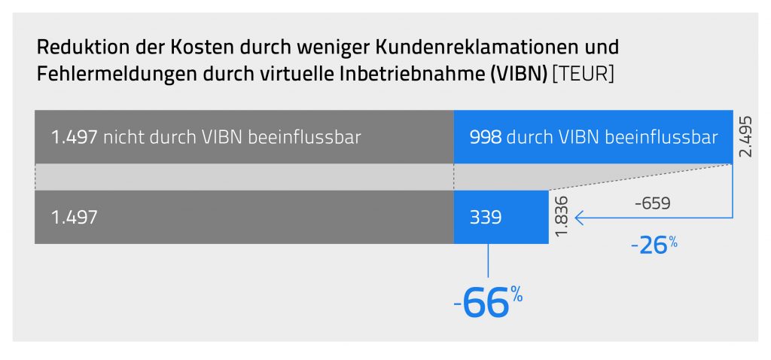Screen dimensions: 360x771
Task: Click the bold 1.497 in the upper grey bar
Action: click(74, 137)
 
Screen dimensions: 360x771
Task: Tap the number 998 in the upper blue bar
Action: click(484, 137)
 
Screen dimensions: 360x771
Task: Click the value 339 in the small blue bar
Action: click(484, 218)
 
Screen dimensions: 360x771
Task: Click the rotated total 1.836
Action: click(563, 218)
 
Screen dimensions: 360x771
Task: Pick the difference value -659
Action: click(652, 203)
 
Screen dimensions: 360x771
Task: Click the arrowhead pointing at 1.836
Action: click(578, 218)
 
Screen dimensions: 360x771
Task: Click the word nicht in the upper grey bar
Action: click(119, 137)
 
